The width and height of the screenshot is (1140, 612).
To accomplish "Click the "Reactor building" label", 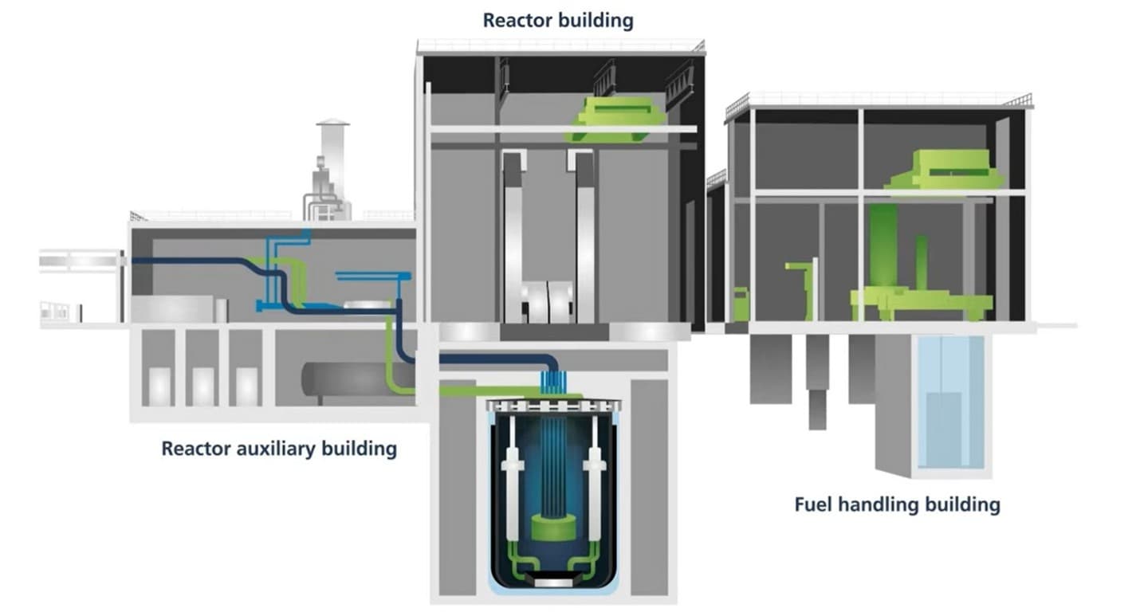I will click(x=558, y=20).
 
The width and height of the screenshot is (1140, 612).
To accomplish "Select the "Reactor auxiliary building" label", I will click(x=279, y=449).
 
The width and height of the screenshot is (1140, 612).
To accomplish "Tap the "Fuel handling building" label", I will click(x=897, y=504).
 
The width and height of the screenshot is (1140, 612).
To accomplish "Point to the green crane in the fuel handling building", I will click(x=945, y=170).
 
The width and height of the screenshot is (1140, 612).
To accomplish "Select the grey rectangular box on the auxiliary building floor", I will click(x=171, y=309).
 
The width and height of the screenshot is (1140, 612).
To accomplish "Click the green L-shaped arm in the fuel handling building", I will click(x=804, y=279).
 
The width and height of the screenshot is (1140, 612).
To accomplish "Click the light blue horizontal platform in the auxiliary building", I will click(x=373, y=277).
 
